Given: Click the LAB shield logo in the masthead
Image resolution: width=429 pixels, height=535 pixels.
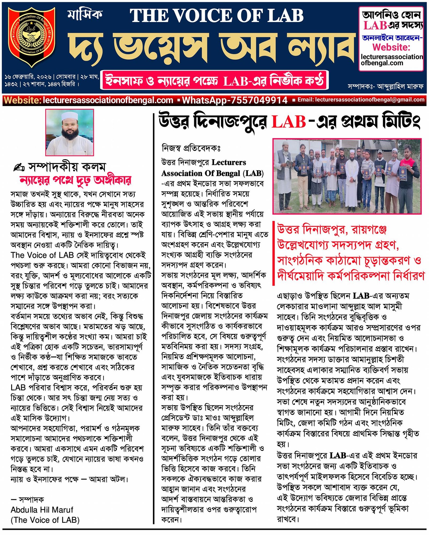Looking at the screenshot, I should point(32,37).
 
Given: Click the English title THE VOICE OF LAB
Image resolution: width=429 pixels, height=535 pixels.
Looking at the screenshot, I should point(217,16).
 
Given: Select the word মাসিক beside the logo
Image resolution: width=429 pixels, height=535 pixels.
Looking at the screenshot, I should point(85,14).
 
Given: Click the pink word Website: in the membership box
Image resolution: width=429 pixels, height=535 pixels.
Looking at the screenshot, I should point(391,47).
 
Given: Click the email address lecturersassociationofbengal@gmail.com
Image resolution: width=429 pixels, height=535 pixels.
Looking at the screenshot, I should point(370,100).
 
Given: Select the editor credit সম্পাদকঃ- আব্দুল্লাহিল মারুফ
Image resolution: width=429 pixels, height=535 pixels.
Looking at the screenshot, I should point(386,86).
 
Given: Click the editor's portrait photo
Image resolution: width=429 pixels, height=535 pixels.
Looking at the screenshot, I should point(70,132).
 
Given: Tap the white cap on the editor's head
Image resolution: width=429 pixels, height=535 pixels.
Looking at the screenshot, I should point(69,116).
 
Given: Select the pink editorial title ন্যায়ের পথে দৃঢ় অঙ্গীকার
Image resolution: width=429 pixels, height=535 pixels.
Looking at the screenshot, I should point(75,180).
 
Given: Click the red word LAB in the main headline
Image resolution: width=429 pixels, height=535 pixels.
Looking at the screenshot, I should point(289,122).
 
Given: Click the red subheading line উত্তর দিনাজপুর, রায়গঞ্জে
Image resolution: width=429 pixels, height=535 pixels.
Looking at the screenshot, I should point(332,229).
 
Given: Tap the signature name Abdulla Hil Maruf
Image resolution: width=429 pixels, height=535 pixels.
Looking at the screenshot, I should point(42,509).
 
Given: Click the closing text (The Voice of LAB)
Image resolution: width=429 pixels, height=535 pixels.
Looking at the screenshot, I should point(45,520).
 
